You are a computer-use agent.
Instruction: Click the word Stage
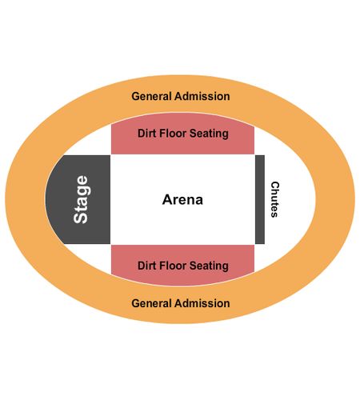pos(81,199)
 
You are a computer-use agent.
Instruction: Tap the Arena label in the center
pos(182,199)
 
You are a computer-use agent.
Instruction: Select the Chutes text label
pos(274,199)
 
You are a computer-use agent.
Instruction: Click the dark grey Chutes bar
pos(260,199)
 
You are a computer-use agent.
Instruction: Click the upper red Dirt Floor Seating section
pos(182,134)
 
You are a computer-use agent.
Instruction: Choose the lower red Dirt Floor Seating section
pos(182,265)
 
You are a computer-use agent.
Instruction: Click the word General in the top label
pos(151,96)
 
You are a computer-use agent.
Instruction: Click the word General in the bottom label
pos(151,303)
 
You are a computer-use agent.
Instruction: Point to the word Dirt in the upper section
pos(147,134)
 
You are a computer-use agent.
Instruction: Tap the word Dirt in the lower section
pos(147,266)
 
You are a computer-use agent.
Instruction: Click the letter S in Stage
pos(81,218)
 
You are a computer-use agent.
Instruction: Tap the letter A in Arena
pos(167,199)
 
